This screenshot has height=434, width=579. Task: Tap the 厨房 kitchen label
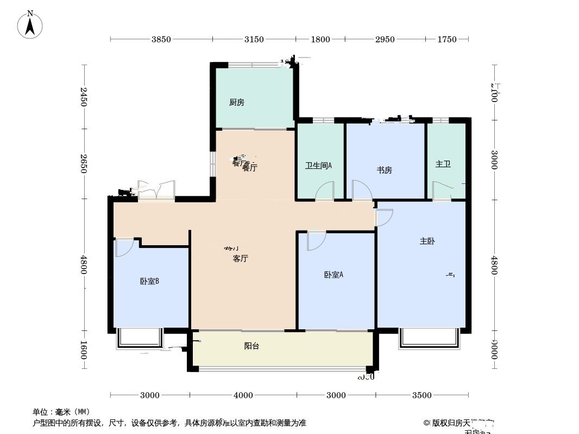pos(236,102)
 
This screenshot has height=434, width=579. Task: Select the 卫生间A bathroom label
pos(318,166)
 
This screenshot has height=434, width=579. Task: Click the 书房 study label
pos(385,170)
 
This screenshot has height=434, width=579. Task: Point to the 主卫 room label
pos(443,164)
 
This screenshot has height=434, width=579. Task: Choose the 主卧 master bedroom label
pos(427,241)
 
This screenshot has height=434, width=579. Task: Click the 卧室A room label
pos(333,275)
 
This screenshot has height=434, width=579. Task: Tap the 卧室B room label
pos(149,281)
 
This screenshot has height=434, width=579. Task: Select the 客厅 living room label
pos(240,259)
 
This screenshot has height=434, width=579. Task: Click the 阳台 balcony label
pos(251,346)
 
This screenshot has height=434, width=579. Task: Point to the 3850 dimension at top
pos(161,39)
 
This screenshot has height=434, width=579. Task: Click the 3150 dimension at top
pos(254,39)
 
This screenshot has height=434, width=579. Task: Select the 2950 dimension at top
pos(385,39)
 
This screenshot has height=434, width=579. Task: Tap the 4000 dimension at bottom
pos(243,395)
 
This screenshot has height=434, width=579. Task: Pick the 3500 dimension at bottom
pos(421,395)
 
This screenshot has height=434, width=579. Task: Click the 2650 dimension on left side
pos(84,164)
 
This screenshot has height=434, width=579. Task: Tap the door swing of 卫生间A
pos(325,192)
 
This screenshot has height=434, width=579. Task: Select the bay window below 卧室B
pos(140,337)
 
